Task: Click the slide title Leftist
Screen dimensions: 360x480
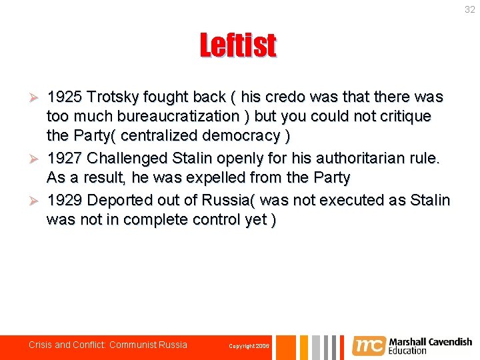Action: click(238, 46)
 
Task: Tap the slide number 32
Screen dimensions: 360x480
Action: click(470, 9)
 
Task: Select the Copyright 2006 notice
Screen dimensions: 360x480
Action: click(249, 346)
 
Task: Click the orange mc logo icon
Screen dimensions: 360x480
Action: click(368, 345)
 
